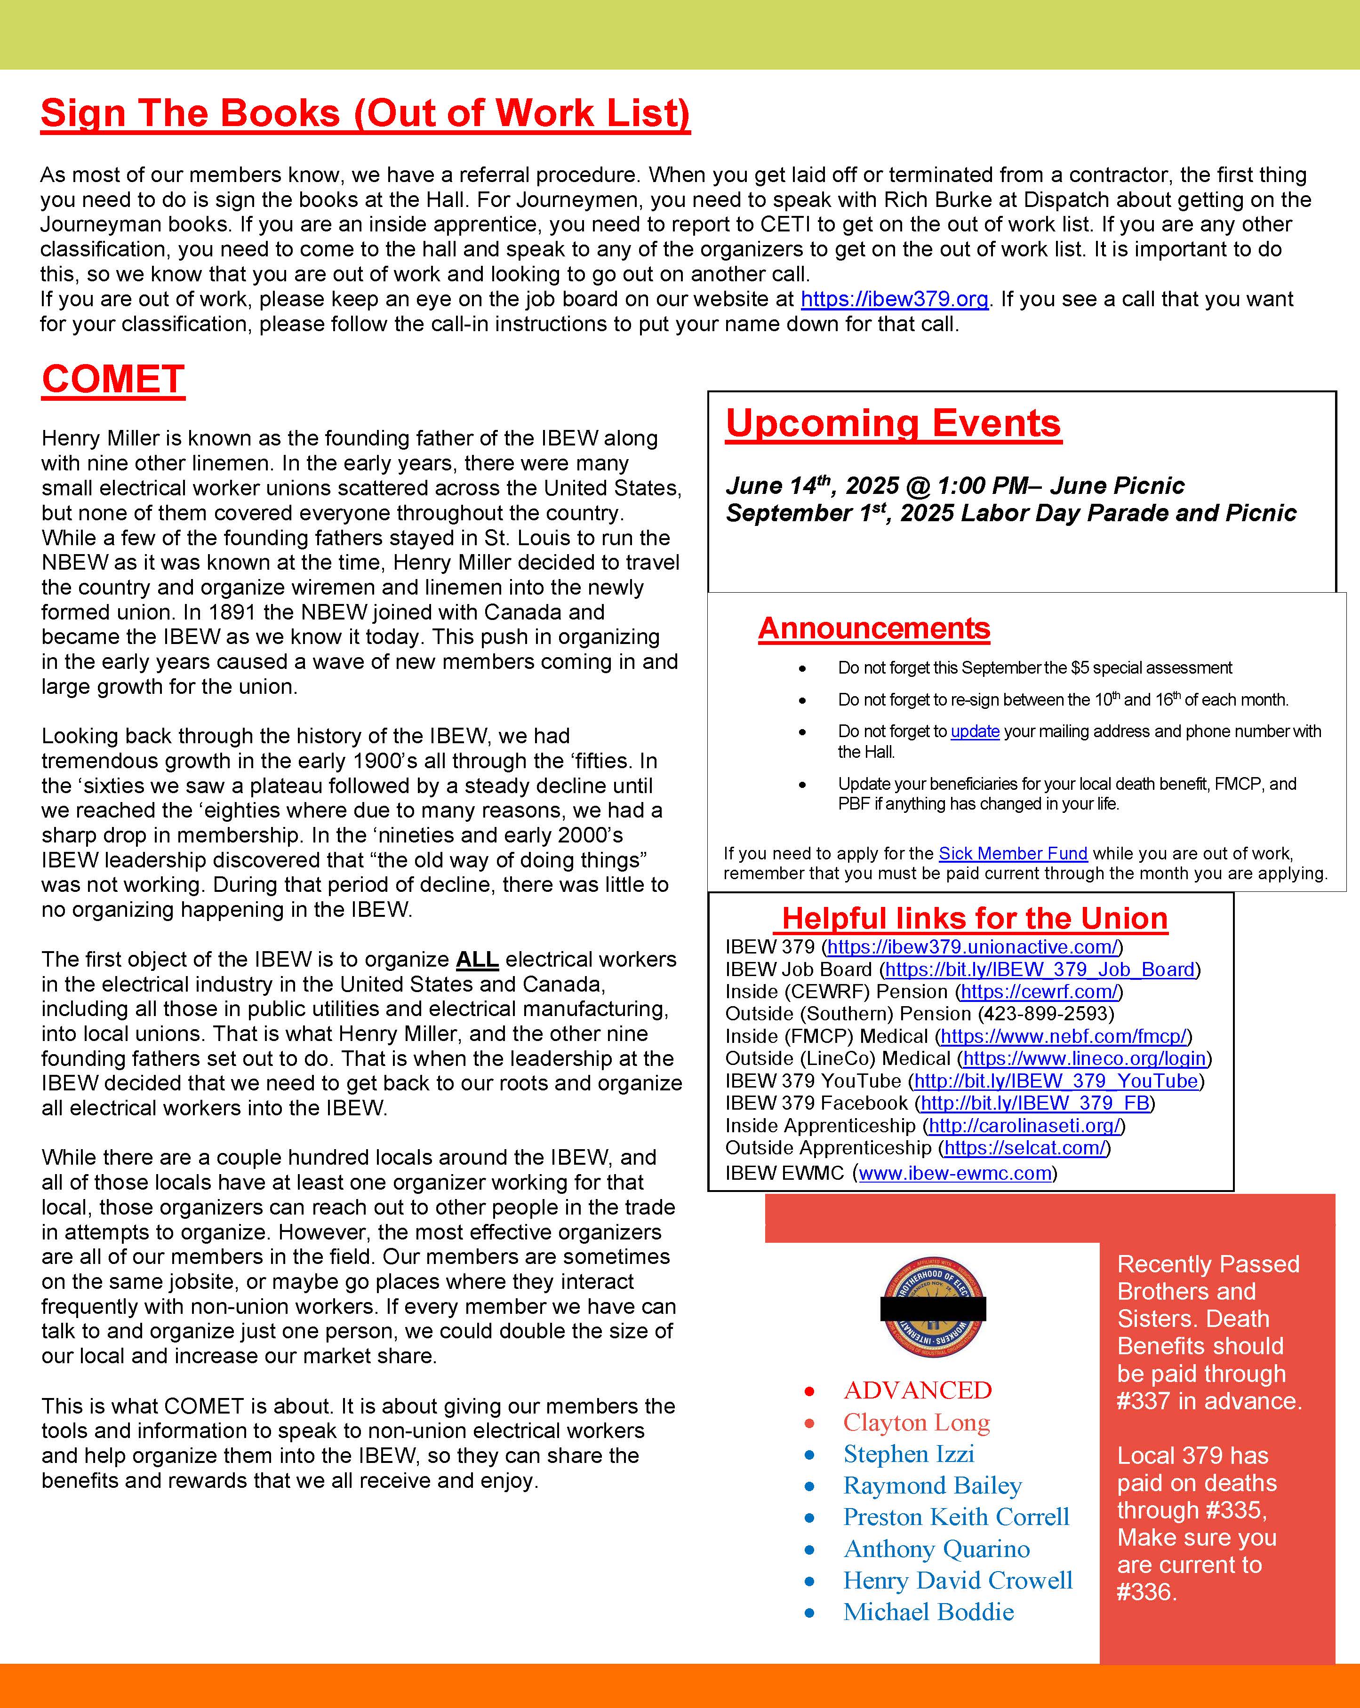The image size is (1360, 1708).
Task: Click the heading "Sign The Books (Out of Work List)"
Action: tap(365, 113)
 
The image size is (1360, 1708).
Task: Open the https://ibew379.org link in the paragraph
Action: tap(894, 300)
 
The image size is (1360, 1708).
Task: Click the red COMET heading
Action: tap(113, 380)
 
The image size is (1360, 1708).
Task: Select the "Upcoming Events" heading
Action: tap(893, 423)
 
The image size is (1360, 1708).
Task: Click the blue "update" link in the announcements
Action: tap(975, 731)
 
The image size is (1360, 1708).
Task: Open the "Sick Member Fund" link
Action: tap(1012, 853)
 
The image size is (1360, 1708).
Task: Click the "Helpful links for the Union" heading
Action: tap(974, 918)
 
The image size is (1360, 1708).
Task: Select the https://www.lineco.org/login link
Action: tap(1084, 1058)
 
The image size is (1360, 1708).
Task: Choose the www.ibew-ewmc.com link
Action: tap(954, 1173)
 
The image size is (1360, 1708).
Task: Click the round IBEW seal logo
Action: tap(933, 1309)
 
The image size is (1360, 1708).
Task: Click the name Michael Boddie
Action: tap(928, 1612)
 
